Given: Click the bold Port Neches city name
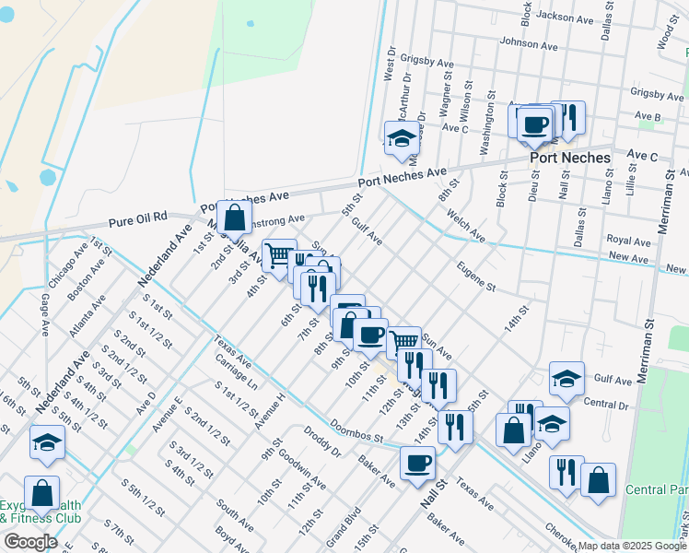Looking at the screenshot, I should point(569,158).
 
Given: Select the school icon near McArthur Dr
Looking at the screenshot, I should point(402,139).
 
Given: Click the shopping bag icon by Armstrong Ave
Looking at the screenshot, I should point(236,218).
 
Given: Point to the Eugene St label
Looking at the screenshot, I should point(476,274).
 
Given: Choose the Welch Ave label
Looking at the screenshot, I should point(465,226).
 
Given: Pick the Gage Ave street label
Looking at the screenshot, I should point(44,314).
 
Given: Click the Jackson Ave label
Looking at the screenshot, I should point(564,17).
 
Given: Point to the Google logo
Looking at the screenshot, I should point(30,542).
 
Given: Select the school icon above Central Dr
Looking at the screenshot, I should point(567,377).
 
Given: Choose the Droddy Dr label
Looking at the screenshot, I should point(322,441).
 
